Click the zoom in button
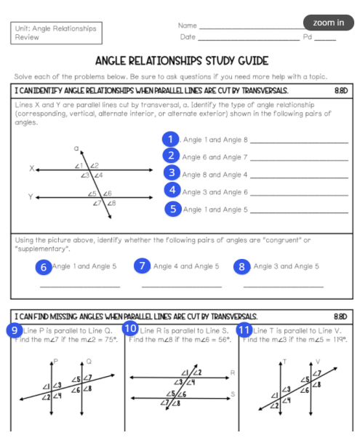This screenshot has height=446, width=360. click(x=329, y=23)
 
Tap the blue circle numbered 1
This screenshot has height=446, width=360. click(x=170, y=139)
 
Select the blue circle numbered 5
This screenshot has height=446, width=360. click(x=172, y=209)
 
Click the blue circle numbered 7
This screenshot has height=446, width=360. click(x=143, y=266)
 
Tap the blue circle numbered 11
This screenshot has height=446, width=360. click(x=245, y=330)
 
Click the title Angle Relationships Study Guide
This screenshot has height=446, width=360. click(x=181, y=60)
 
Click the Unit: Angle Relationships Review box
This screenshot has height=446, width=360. click(x=56, y=33)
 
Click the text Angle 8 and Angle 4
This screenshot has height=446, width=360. click(x=215, y=175)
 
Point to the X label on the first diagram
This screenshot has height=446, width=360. click(x=31, y=168)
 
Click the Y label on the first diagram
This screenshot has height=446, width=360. click(x=31, y=196)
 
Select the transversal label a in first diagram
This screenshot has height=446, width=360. click(x=75, y=148)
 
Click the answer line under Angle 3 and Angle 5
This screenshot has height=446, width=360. click(x=283, y=284)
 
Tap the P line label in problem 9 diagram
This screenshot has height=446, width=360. click(x=55, y=362)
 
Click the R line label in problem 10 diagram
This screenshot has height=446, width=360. click(x=231, y=373)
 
